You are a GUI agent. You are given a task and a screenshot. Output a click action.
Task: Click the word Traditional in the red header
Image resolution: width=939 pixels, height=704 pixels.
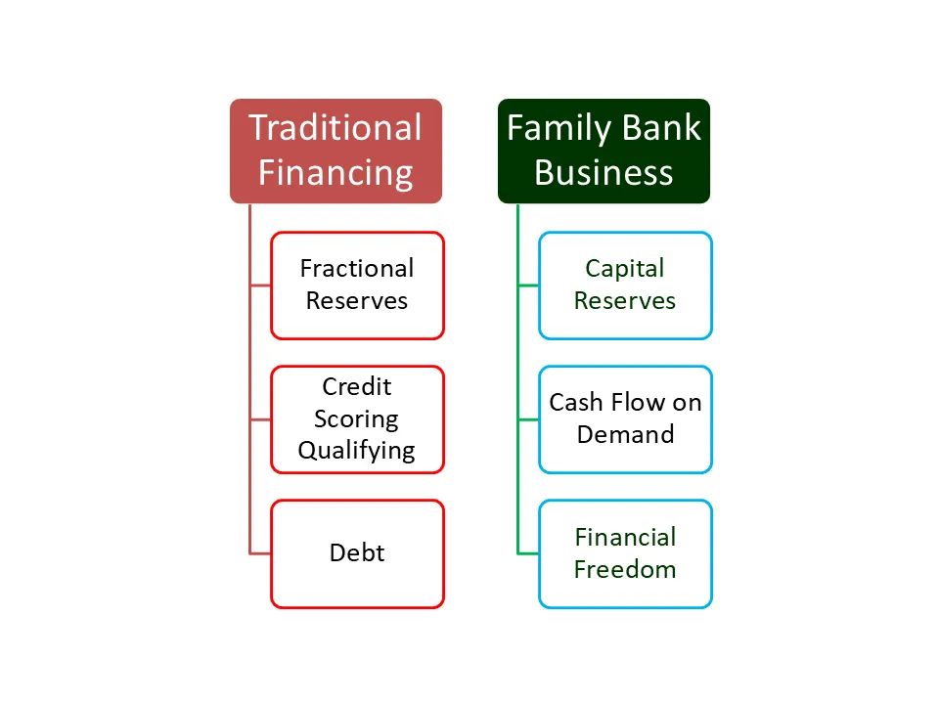click(335, 127)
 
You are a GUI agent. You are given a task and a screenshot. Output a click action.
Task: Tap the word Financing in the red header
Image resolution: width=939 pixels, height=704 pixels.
click(335, 174)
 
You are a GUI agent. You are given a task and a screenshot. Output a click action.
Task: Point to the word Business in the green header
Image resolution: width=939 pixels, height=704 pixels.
click(604, 172)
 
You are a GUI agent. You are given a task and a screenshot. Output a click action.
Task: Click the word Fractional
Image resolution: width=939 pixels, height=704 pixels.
click(357, 268)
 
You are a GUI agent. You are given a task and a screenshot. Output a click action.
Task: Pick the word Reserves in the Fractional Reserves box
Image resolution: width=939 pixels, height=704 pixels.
click(357, 300)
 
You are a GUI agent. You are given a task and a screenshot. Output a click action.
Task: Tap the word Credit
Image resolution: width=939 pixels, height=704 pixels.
click(357, 386)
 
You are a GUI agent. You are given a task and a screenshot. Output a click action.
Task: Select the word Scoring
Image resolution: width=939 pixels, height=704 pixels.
click(356, 419)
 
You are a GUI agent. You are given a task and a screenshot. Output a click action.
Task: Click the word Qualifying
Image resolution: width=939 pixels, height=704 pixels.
click(356, 451)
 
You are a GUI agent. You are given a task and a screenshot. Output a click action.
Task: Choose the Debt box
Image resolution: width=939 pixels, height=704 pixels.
click(358, 553)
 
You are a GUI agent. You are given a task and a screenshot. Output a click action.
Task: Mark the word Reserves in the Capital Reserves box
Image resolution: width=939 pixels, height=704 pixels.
click(625, 300)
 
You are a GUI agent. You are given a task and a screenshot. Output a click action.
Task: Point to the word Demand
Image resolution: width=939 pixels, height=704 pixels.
click(625, 434)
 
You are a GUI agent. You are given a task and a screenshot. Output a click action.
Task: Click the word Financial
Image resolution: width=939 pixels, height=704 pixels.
click(625, 537)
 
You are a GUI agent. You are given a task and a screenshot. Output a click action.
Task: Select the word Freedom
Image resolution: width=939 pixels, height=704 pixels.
click(625, 569)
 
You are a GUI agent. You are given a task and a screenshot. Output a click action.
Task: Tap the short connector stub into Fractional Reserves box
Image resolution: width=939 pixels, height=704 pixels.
click(260, 286)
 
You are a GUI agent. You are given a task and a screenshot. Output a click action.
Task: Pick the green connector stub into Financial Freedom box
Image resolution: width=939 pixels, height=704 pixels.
click(528, 553)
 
